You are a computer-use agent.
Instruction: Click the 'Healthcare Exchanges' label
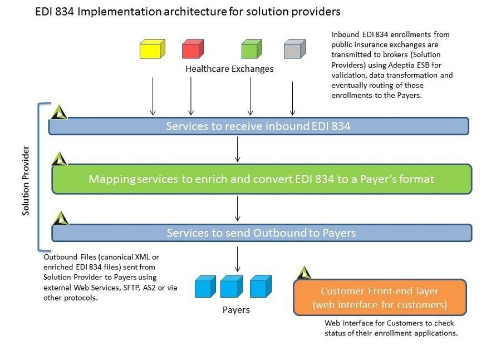pyautogui.click(x=229, y=69)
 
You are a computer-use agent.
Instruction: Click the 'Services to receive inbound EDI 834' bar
pyautogui.click(x=258, y=126)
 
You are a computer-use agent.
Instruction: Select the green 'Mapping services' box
pyautogui.click(x=262, y=179)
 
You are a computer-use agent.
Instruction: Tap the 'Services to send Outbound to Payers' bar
pyautogui.click(x=262, y=233)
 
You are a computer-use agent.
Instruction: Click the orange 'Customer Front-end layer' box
pyautogui.click(x=380, y=298)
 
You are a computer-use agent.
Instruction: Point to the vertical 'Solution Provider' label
pyautogui.click(x=26, y=181)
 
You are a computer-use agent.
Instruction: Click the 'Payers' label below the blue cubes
pyautogui.click(x=236, y=310)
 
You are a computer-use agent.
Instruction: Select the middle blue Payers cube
pyautogui.click(x=232, y=287)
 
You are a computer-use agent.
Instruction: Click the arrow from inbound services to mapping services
pyautogui.click(x=238, y=149)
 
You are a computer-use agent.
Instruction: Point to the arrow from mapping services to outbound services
pyautogui.click(x=238, y=208)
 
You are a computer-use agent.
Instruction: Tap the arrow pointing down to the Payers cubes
pyautogui.click(x=238, y=259)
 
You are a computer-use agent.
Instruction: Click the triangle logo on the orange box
pyautogui.click(x=303, y=273)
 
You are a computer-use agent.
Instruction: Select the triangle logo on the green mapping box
pyautogui.click(x=59, y=159)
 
